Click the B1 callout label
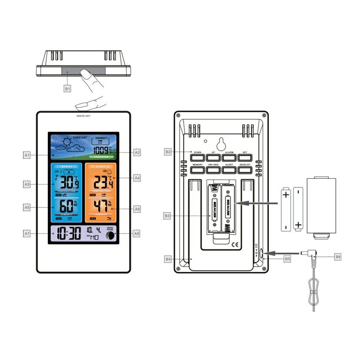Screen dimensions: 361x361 coord(67,88)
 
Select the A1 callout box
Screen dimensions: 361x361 coord(27,154)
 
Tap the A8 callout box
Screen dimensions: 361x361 coord(137,234)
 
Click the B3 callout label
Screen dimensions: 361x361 coord(168,216)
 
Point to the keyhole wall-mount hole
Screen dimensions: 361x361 coord(221,144)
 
